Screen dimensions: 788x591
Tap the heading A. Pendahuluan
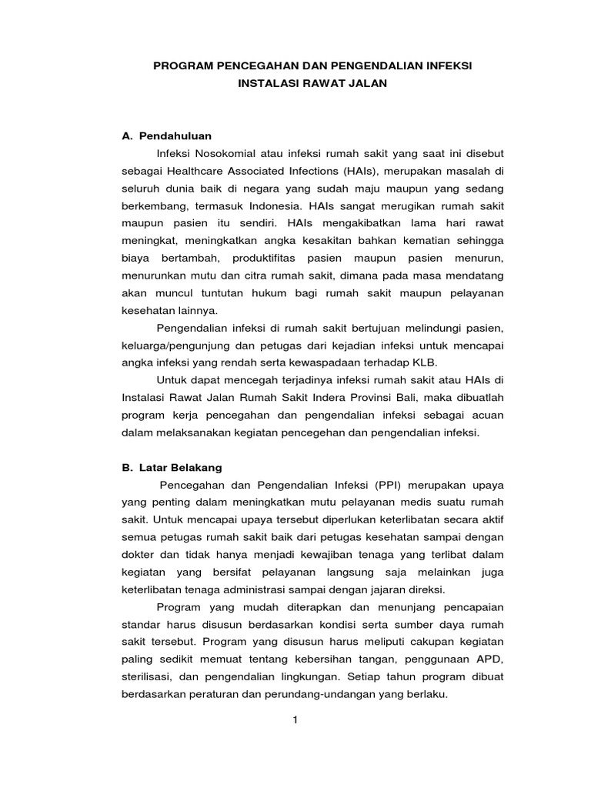pos(167,135)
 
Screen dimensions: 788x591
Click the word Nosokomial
pos(229,153)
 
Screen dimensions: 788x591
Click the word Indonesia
pos(275,206)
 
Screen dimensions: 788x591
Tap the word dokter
pos(139,556)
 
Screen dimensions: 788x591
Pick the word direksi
pos(426,590)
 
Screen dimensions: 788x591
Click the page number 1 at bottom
pos(295,720)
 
